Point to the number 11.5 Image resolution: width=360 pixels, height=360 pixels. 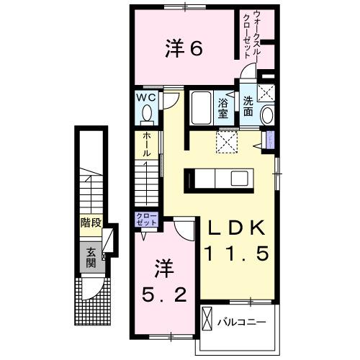pos(236,253)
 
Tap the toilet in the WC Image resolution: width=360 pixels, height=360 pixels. pos(147,113)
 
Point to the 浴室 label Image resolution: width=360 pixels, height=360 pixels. pos(223,108)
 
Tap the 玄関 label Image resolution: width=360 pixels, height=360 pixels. pos(91,256)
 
